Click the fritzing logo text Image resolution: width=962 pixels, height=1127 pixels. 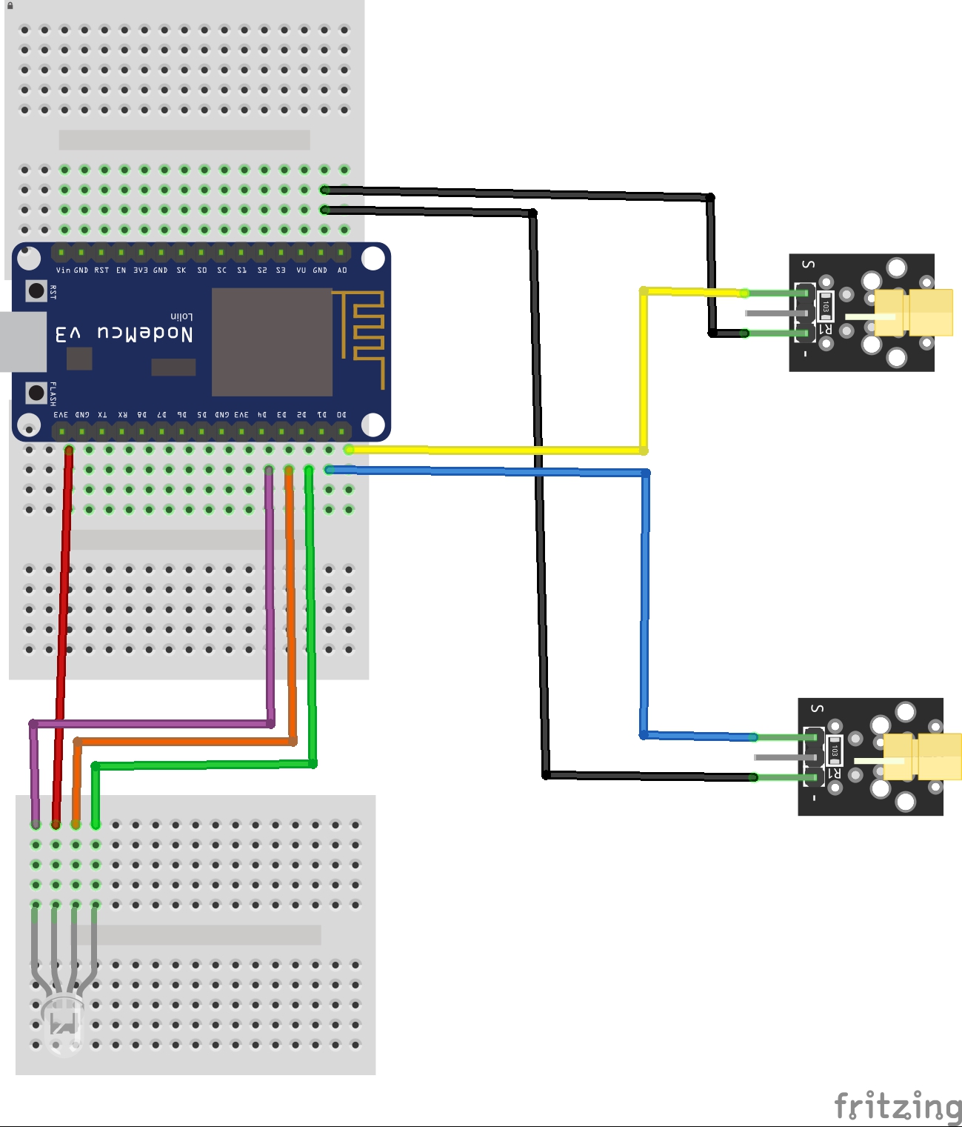[x=897, y=1106]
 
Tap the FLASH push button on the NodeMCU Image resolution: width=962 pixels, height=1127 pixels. [x=36, y=392]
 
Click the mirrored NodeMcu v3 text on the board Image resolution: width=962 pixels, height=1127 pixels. [x=124, y=333]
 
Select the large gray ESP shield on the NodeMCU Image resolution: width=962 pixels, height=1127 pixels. [x=272, y=342]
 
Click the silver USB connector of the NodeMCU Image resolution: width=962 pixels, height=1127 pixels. [x=22, y=342]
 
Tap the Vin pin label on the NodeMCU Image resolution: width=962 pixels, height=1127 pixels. [x=63, y=270]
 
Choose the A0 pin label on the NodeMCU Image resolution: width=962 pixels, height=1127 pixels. [x=342, y=270]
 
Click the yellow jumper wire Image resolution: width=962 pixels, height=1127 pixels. [x=644, y=370]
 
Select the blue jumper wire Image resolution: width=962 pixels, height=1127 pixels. [x=645, y=600]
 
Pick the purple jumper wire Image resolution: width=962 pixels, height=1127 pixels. [x=270, y=593]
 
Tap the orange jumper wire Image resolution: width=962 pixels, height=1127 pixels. [x=291, y=593]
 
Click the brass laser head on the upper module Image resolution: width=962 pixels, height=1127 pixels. [x=913, y=313]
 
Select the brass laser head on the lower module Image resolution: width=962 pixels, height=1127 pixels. [x=922, y=757]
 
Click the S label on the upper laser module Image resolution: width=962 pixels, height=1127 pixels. [x=808, y=265]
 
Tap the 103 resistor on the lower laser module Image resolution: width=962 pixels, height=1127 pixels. [x=835, y=751]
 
